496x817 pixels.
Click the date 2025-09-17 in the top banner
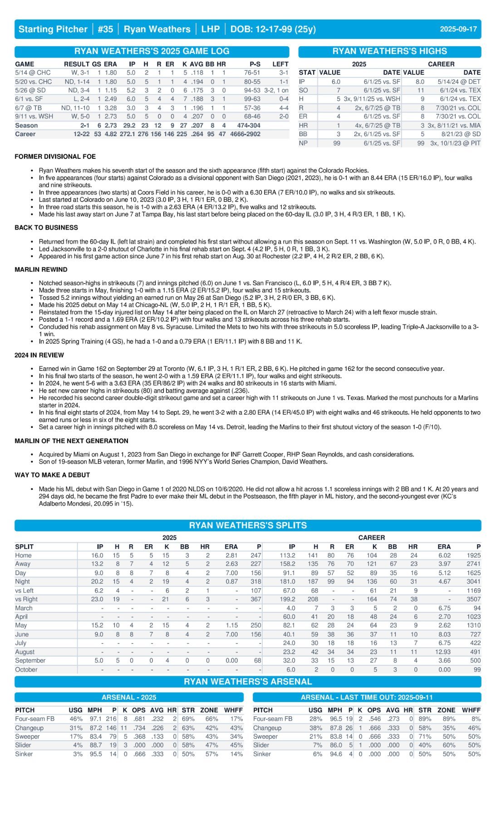coord(458,29)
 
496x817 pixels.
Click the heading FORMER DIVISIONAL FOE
coord(55,157)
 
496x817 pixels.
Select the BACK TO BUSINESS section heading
coord(46,227)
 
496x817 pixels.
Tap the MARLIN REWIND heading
coord(41,269)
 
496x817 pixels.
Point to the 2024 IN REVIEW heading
coord(39,355)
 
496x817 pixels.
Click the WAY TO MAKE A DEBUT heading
coord(52,475)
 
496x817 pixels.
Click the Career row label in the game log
coord(25,134)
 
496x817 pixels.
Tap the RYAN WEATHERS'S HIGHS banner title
coord(389,51)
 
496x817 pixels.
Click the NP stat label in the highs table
coord(303,143)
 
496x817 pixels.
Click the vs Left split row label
coord(24,591)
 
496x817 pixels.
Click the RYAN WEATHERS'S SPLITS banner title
coord(248,525)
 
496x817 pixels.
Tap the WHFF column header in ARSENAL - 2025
coord(233,710)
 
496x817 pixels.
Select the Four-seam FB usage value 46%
coord(76,719)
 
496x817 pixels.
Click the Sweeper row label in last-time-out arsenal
coord(265,736)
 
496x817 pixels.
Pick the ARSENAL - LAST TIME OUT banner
coord(366,697)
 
